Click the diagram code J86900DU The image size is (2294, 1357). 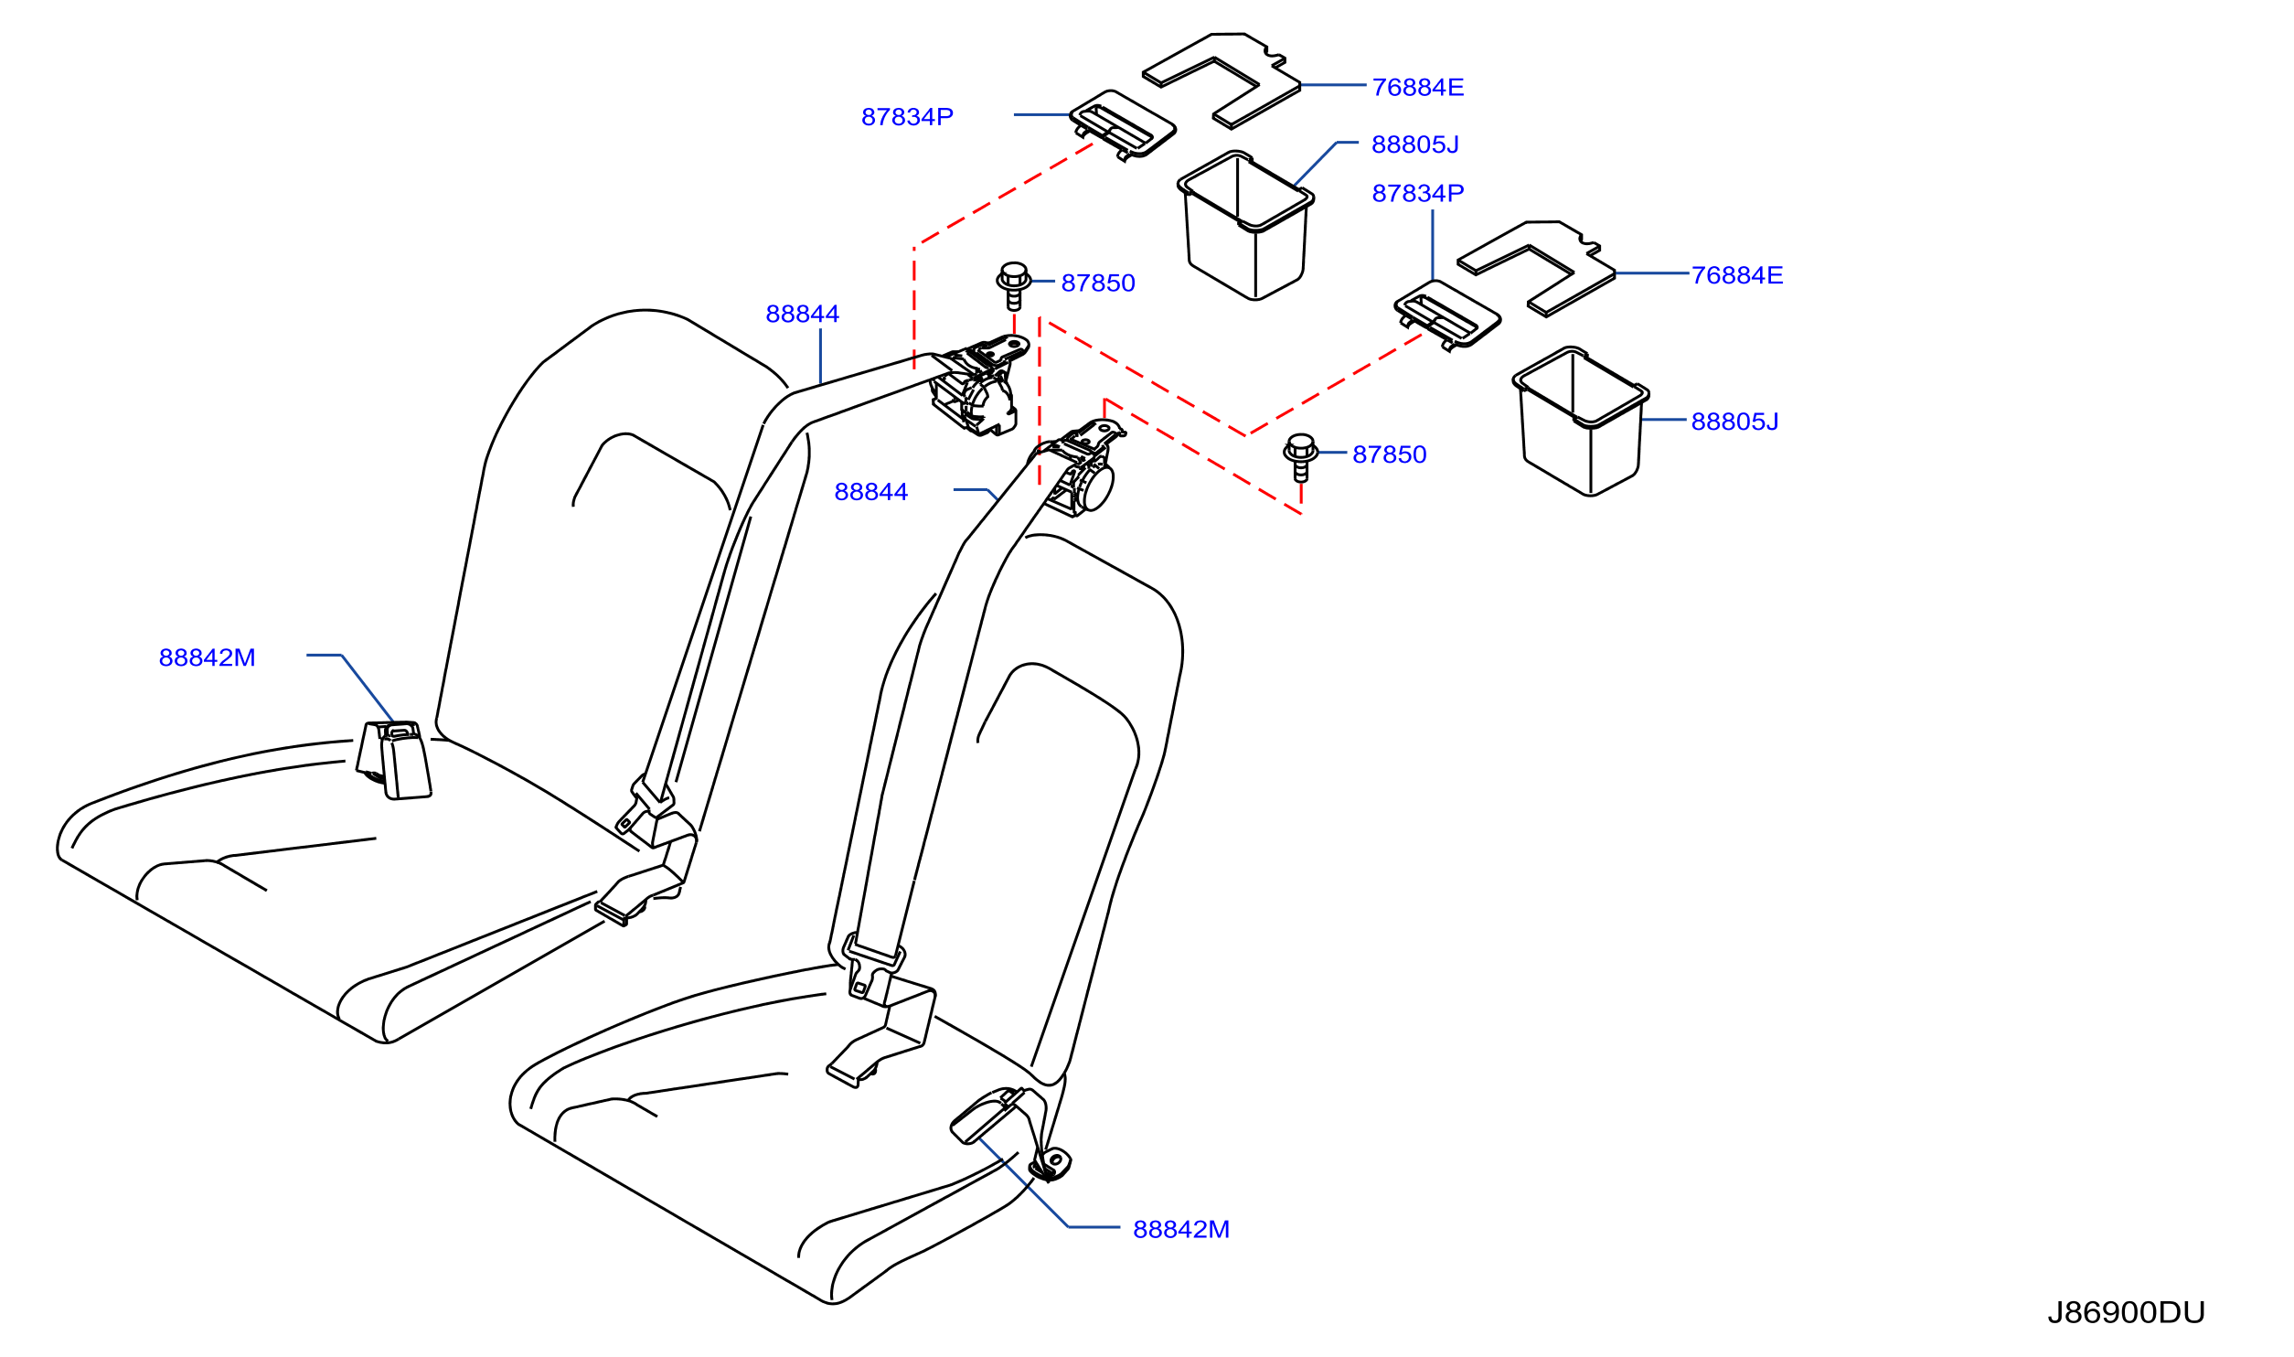(2126, 1313)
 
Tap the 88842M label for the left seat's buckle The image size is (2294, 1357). (208, 657)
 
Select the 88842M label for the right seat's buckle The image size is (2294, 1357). (1181, 1230)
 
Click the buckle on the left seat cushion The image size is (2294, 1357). (394, 760)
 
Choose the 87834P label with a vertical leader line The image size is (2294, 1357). (1418, 193)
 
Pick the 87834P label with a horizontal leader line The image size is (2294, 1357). (907, 117)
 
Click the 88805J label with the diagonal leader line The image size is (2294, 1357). (1415, 144)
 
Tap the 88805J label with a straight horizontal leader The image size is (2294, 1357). (1735, 422)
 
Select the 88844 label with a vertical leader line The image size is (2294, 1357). (803, 314)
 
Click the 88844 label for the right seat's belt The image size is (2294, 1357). (871, 492)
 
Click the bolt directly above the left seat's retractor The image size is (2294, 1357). (1014, 286)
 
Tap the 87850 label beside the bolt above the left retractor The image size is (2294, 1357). (1098, 283)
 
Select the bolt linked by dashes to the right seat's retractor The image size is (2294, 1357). (1301, 457)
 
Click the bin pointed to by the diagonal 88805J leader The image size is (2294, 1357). (1245, 226)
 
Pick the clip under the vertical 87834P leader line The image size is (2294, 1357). (1447, 315)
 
